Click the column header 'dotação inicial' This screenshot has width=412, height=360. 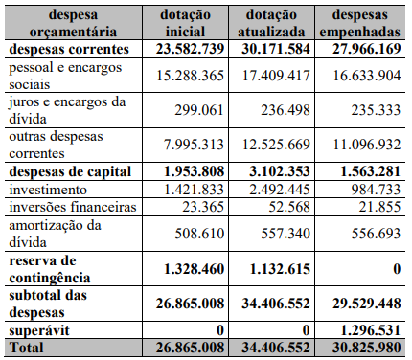pos(185,23)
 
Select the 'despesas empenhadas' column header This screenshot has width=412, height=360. pos(359,23)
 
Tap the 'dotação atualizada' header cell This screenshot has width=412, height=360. pos(271,23)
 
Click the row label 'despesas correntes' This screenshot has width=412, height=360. pos(69,49)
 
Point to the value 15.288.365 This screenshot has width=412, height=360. pos(190,76)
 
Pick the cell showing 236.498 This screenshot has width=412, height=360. pos(286,110)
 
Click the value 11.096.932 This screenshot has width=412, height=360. pos(367,145)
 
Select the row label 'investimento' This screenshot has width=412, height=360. pos(48,190)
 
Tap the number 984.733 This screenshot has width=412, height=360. pos(376,190)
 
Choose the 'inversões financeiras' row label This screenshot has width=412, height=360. pos(73,207)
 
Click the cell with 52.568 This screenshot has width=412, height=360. pos(289,207)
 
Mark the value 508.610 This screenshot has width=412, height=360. pos(199,234)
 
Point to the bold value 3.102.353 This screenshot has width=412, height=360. pos(280,171)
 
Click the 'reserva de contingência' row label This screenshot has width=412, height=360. pos(50,269)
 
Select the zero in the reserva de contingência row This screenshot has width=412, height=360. pos(397,269)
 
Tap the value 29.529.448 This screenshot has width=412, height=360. pos(367,304)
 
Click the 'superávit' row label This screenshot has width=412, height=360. pos(39,330)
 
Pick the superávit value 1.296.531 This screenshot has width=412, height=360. pos(371,330)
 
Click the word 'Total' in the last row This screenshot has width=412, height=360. pos(26,348)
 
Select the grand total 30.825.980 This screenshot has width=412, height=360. pos(367,348)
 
